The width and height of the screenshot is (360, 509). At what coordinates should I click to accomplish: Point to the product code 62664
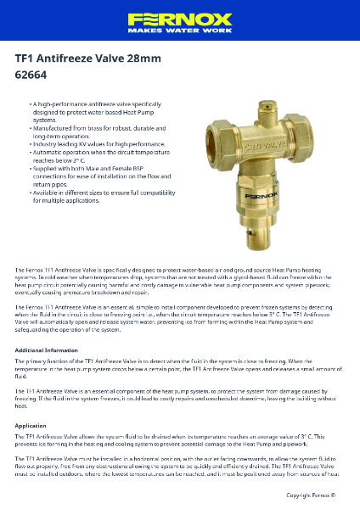[x=31, y=74]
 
